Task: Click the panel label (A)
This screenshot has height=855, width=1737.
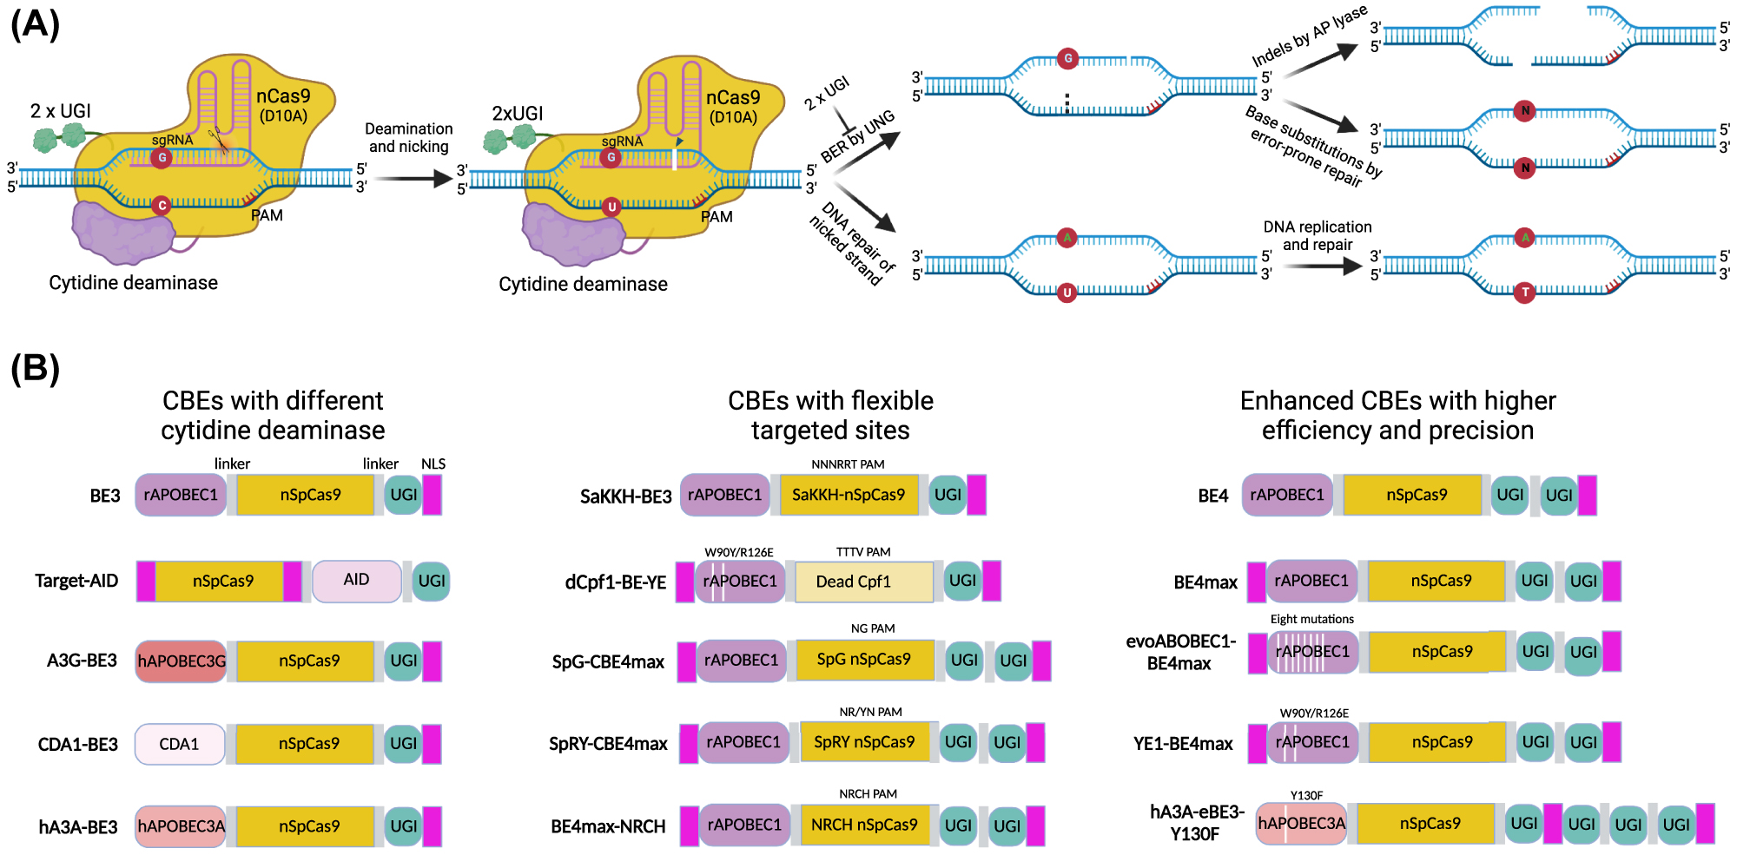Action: [35, 24]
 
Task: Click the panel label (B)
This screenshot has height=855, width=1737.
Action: [35, 368]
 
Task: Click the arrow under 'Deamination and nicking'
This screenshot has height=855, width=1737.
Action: [413, 179]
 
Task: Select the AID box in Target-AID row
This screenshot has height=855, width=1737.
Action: [356, 581]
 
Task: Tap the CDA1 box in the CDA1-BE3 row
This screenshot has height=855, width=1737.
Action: [179, 744]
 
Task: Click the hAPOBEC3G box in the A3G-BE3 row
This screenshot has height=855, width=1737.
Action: [181, 661]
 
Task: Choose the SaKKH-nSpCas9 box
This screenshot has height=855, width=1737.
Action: [848, 495]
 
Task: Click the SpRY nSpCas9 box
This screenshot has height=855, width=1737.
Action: [863, 742]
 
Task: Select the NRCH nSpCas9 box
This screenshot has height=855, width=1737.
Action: [863, 825]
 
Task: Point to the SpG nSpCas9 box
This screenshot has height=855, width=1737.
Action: [863, 660]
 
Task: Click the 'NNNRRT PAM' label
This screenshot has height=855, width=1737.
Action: [848, 464]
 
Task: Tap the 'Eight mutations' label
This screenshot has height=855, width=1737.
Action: [1311, 619]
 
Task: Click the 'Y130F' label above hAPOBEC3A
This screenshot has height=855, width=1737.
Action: [1306, 795]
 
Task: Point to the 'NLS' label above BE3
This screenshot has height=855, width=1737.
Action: [433, 464]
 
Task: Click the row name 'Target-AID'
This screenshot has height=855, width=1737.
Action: [76, 581]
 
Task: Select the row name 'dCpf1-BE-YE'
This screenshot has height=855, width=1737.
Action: [615, 582]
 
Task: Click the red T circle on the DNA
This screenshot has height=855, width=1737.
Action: [1525, 293]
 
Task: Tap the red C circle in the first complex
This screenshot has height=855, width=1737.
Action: [161, 206]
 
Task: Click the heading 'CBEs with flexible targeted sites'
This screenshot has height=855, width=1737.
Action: [830, 416]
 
